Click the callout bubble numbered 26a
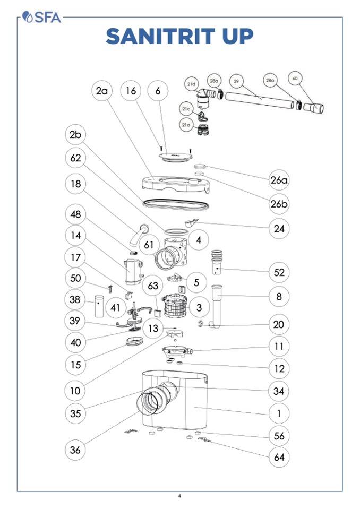pos(279,180)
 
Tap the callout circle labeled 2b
pos(75,135)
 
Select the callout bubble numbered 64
pos(279,457)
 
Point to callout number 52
pos(279,272)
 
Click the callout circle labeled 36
pos(75,450)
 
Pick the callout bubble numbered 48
pos(75,214)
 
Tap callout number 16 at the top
pos(131,91)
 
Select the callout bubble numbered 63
pos(153,286)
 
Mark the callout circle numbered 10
pos(75,391)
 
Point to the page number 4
pos(179,496)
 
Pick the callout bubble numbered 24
pos(279,228)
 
